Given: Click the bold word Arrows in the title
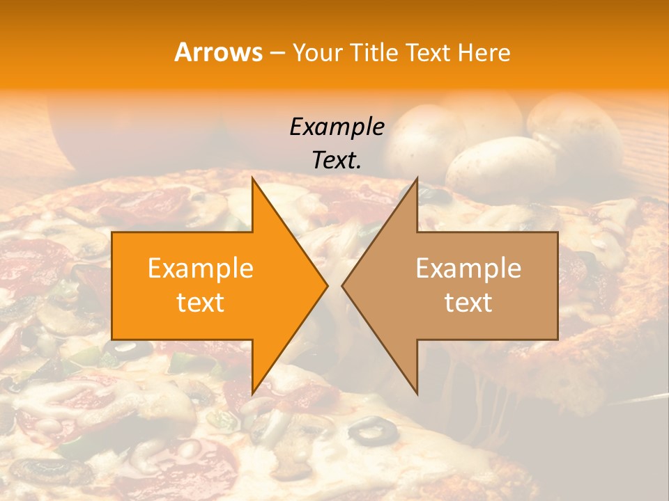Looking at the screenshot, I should (219, 52).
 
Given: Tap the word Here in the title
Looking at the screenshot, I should (484, 52).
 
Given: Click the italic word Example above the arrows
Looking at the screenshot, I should (337, 127).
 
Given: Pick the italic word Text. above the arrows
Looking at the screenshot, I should (337, 161).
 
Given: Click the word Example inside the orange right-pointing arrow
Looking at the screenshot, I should (201, 269).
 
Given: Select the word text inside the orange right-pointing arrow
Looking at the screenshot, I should (201, 303).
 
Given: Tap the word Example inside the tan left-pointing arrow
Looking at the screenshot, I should (468, 269).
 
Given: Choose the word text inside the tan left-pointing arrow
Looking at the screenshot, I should (468, 303).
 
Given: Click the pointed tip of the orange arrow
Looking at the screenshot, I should (327, 285).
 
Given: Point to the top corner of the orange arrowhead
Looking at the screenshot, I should (252, 179).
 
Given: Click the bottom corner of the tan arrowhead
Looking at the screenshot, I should (417, 394).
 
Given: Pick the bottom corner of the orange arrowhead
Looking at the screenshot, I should (252, 393).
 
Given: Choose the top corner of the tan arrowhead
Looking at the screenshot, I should (417, 179).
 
